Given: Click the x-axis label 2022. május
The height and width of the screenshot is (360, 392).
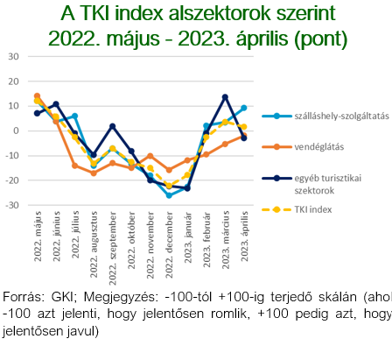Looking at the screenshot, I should [x=37, y=236].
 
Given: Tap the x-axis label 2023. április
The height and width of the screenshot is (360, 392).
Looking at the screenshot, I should [x=244, y=236].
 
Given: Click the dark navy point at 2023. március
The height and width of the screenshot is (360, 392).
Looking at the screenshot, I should [x=225, y=97].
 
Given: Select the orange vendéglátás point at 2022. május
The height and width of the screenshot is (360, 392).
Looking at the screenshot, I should [x=37, y=96].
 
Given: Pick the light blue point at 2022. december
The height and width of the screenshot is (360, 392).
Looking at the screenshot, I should [x=169, y=195].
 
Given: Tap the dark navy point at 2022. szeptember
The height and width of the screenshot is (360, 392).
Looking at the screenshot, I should [x=112, y=126].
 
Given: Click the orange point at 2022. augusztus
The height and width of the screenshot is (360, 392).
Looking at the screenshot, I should [x=94, y=173].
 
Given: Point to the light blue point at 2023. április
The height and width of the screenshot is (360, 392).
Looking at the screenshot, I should [x=244, y=108].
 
